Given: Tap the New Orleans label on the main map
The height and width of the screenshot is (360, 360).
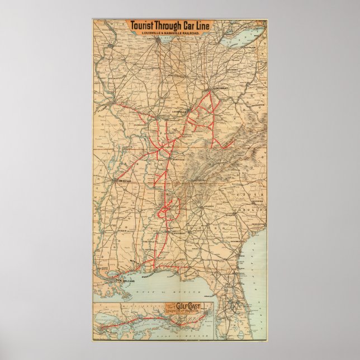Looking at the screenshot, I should [127, 276].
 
